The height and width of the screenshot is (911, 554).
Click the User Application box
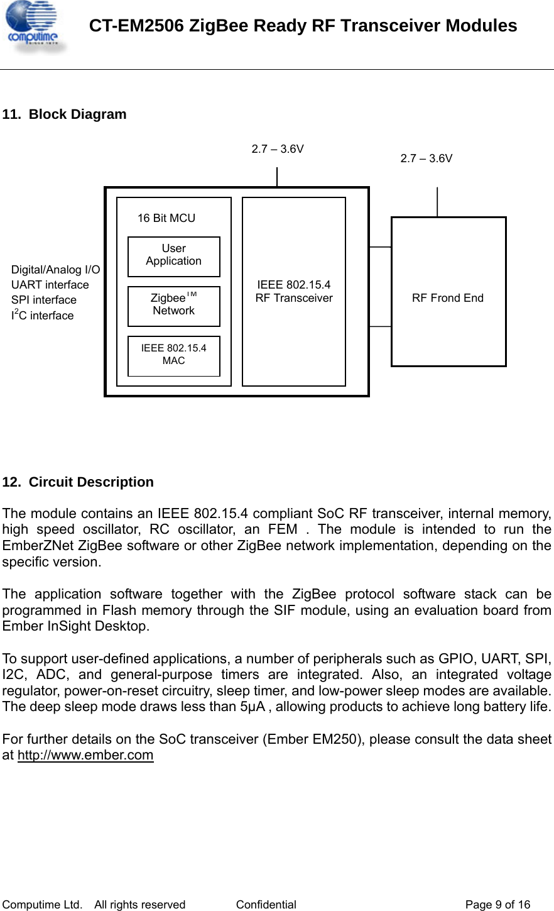174,256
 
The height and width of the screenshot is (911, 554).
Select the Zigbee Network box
174,306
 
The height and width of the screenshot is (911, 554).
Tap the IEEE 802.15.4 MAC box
174,355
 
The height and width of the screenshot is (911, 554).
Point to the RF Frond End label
448,298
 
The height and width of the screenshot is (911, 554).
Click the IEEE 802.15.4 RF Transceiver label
294,292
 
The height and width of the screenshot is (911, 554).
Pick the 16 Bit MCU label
166,218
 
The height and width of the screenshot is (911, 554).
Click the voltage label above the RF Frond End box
426,158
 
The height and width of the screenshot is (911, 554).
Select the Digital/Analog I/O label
55,270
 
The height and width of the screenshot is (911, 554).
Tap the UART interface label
50,285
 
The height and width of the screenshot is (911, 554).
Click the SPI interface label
44,300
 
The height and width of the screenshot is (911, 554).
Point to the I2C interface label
42,315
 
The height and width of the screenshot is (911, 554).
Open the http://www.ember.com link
85,755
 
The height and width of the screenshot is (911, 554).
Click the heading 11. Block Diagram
65,114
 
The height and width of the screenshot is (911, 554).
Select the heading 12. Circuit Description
78,482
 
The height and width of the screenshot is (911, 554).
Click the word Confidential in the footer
266,905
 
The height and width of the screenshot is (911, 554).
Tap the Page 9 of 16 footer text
497,905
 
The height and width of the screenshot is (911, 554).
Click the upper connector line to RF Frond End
380,247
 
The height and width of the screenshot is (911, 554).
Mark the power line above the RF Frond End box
437,202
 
